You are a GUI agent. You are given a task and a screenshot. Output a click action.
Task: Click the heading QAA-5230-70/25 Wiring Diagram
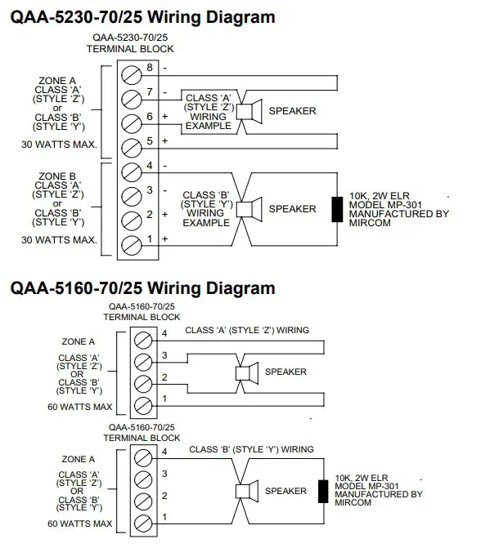click(x=142, y=16)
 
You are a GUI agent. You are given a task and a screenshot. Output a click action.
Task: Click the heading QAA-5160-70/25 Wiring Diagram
click(x=142, y=287)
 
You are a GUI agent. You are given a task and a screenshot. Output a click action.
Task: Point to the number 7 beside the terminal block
click(x=150, y=91)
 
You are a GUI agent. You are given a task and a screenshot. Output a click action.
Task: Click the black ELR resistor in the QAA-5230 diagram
click(x=335, y=209)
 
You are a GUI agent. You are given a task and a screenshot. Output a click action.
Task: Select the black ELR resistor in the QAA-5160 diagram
click(x=321, y=491)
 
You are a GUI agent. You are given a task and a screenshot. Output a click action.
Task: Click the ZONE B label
click(x=57, y=176)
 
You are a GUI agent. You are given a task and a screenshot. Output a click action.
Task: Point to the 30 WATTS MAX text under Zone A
click(x=60, y=145)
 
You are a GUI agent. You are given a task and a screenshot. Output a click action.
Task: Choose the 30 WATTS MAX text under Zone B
click(x=60, y=240)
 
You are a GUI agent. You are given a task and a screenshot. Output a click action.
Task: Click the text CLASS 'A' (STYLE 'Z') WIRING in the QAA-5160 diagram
click(x=247, y=331)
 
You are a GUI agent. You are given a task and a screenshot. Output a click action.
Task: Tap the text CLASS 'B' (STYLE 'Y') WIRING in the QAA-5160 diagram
click(x=251, y=449)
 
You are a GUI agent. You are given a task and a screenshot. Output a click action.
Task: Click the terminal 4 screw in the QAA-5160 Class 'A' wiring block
click(x=142, y=336)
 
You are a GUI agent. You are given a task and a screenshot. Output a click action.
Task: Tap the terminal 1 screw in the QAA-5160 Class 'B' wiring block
click(x=142, y=520)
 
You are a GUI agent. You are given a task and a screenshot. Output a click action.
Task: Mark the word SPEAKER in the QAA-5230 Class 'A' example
click(x=292, y=110)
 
